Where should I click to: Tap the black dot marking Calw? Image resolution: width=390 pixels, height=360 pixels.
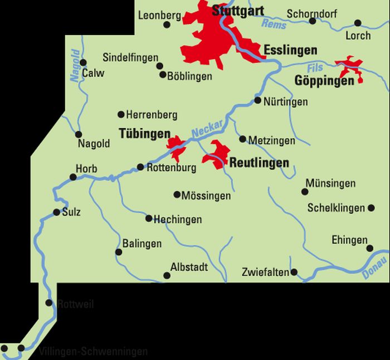[84, 62]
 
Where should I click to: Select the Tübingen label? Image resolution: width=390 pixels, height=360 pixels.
[144, 134]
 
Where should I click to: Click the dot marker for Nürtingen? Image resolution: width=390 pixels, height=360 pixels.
[257, 101]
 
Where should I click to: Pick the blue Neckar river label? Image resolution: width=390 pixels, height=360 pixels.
[207, 129]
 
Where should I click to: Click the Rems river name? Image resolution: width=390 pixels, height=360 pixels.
[274, 23]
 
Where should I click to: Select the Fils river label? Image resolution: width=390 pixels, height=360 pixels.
[315, 67]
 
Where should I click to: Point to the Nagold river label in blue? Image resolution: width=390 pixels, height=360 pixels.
[75, 65]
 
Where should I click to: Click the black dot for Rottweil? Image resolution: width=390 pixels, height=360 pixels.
[49, 303]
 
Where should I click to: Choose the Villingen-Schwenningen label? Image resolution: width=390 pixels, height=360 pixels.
[93, 352]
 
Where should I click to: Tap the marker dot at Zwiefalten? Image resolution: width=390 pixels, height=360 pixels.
[294, 273]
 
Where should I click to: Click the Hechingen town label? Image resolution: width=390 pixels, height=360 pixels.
[178, 220]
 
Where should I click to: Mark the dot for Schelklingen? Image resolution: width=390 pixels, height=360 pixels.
[371, 208]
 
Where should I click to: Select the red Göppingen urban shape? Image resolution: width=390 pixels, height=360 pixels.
[349, 67]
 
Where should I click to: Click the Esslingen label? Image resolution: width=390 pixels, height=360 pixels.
[290, 50]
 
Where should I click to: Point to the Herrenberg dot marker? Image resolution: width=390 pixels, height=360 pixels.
[121, 115]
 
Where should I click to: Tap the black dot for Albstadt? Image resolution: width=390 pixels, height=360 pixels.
[166, 275]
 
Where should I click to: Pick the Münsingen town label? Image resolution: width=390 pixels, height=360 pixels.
[330, 183]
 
